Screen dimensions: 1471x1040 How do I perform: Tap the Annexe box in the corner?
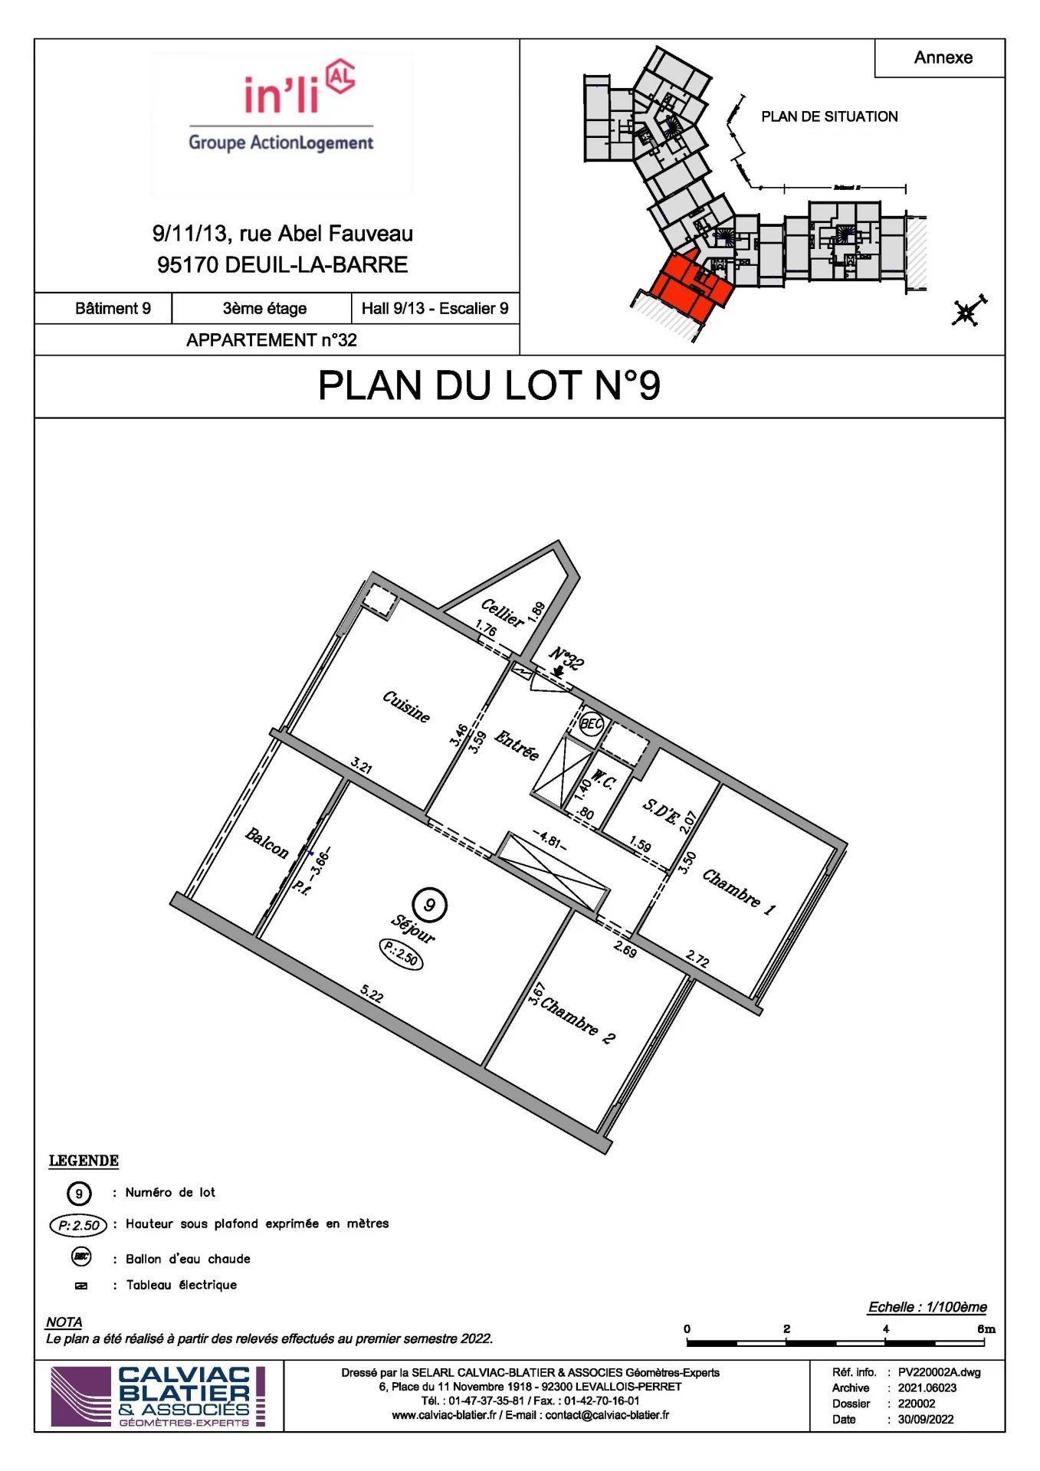[x=943, y=57]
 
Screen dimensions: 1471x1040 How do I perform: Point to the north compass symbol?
[x=968, y=312]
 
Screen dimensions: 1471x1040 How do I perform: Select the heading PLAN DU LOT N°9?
[x=489, y=385]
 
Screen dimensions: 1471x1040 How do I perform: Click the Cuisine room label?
[x=406, y=706]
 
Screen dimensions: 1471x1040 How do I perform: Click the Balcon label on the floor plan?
[x=267, y=843]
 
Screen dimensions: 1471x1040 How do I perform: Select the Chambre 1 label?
[x=739, y=891]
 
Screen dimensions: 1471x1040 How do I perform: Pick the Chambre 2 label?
[x=577, y=1020]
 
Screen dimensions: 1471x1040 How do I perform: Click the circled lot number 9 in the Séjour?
[x=429, y=905]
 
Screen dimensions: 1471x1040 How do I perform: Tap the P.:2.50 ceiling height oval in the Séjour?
[x=401, y=954]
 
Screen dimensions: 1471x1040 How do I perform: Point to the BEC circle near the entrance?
[x=591, y=724]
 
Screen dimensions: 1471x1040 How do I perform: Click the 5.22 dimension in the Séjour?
[x=372, y=994]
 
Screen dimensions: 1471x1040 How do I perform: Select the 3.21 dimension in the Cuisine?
[x=362, y=765]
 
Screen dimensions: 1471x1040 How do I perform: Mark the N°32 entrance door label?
[x=567, y=657]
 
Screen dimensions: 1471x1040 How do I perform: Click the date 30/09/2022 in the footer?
[x=925, y=1419]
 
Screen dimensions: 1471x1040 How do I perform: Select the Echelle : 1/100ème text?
[x=927, y=1307]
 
